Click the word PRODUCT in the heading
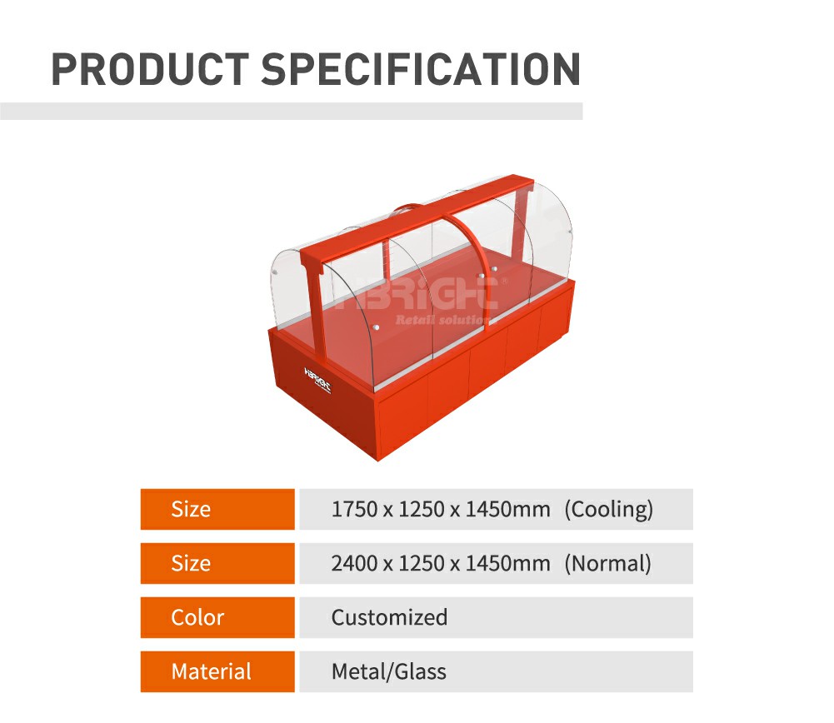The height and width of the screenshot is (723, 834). click(x=151, y=69)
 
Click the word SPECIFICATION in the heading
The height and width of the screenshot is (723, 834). click(x=421, y=69)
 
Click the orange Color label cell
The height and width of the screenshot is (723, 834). click(x=217, y=618)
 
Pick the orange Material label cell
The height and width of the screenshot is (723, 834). click(x=217, y=672)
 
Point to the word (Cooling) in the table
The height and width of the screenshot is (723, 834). click(x=608, y=509)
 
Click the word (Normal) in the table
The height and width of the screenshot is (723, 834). click(x=608, y=564)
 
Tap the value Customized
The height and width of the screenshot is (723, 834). click(x=389, y=618)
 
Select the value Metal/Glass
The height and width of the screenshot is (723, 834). click(x=389, y=672)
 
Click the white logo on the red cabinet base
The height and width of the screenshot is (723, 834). click(x=317, y=380)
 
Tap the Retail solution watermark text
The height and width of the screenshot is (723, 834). click(x=442, y=320)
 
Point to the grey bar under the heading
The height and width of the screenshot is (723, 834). click(x=292, y=111)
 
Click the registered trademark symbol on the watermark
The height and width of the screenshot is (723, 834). click(x=504, y=282)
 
